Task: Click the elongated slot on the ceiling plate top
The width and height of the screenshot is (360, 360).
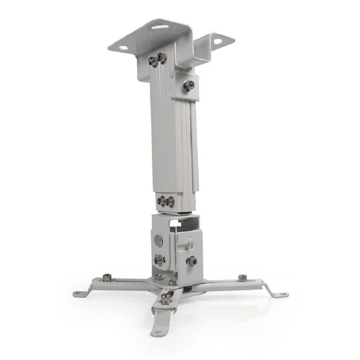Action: (161, 29)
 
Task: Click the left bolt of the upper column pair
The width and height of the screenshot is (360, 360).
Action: (153, 61)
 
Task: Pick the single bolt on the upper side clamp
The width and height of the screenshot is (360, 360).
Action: (188, 85)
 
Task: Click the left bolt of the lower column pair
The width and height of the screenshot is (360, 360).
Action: (161, 201)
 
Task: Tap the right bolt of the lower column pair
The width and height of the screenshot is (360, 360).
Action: (170, 202)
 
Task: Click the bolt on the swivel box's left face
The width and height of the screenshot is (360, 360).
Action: (160, 259)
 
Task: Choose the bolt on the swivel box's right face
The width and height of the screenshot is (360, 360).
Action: (191, 260)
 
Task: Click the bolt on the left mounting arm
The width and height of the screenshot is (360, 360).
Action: (106, 277)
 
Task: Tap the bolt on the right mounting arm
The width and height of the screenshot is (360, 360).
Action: (242, 278)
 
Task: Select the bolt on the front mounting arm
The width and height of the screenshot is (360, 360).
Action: (166, 299)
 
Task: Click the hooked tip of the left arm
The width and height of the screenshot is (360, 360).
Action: (79, 292)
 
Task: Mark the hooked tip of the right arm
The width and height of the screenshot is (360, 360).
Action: (280, 293)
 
